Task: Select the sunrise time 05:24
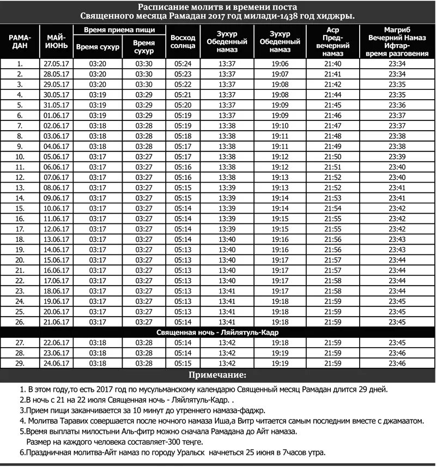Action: pyautogui.click(x=183, y=64)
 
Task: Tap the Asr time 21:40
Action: pyautogui.click(x=333, y=64)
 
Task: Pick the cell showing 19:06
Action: pyautogui.click(x=280, y=64)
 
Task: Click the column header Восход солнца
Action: pyautogui.click(x=183, y=42)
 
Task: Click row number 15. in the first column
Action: pyautogui.click(x=20, y=209)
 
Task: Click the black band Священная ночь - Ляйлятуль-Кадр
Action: pyautogui.click(x=218, y=332)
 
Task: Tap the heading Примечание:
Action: pyautogui.click(x=217, y=375)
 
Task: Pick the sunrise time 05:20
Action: pyautogui.click(x=183, y=105)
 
